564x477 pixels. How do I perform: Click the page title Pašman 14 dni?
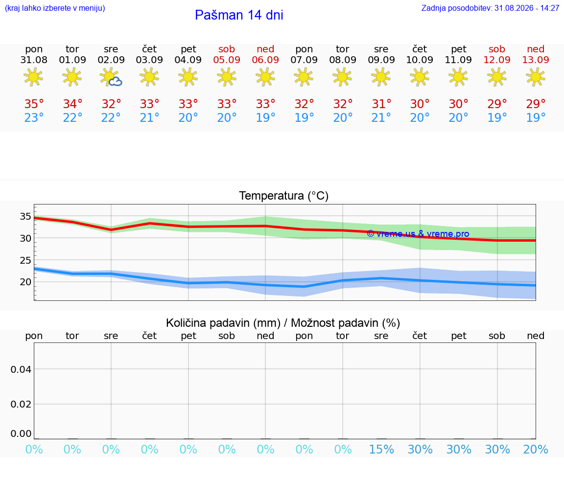(239, 15)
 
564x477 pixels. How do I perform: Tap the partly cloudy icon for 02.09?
(111, 77)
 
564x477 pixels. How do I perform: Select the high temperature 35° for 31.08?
(34, 104)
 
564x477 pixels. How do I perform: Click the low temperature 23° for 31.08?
(34, 117)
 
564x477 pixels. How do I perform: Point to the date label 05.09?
(227, 60)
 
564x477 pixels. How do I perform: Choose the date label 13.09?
(536, 60)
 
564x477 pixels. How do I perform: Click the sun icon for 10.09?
(420, 77)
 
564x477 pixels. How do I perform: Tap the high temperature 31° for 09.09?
(381, 104)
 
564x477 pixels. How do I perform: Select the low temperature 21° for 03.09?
(149, 117)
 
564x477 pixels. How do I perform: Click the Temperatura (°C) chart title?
(284, 196)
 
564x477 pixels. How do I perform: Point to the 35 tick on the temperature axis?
(25, 216)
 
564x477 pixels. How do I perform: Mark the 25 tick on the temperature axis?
(25, 260)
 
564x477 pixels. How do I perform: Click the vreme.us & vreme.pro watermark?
(418, 234)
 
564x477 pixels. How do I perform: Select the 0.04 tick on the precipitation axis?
(21, 369)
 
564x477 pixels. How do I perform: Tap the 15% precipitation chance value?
(381, 449)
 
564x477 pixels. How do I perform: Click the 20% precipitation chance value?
(536, 449)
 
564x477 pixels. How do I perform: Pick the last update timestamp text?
(490, 8)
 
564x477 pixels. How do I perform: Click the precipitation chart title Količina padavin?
(283, 323)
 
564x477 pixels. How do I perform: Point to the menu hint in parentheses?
(55, 8)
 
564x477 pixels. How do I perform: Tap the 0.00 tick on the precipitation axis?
(21, 433)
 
